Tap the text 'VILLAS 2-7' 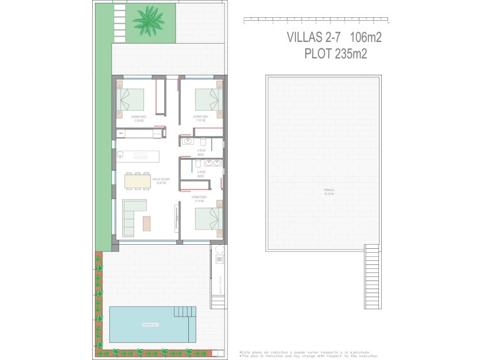click(x=314, y=38)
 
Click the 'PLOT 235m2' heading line click(x=336, y=54)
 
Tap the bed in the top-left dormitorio click(x=131, y=99)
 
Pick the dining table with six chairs click(x=138, y=181)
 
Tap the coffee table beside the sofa click(x=147, y=223)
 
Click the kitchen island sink click(x=121, y=154)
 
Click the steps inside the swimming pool click(x=184, y=312)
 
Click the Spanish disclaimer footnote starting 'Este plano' click(x=305, y=352)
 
